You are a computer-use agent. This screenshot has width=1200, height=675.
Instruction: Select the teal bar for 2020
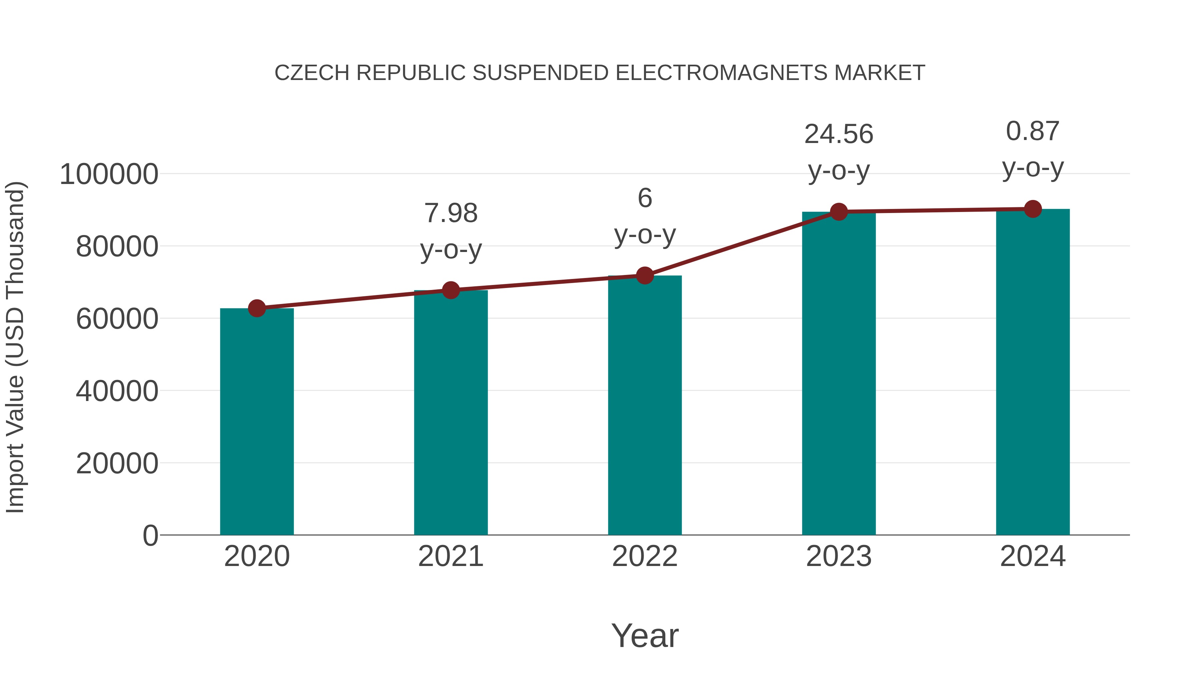257,422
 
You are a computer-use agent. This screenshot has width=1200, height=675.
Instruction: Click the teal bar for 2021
450,413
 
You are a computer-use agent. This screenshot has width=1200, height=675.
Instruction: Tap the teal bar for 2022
645,405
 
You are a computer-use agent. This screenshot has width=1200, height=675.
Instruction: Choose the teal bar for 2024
1033,372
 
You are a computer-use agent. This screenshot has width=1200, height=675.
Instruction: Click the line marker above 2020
257,308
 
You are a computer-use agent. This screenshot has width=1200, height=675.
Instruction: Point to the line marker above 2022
645,276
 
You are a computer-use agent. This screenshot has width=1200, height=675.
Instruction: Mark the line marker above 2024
1033,209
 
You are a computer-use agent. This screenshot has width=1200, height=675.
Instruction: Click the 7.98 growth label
450,213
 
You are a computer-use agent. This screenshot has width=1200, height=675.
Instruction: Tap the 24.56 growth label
839,135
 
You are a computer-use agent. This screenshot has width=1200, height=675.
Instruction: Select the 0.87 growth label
1033,131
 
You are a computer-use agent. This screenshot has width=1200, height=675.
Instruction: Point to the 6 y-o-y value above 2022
645,198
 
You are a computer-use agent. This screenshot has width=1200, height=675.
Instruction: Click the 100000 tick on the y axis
109,175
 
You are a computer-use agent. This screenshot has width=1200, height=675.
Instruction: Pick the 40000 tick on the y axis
117,391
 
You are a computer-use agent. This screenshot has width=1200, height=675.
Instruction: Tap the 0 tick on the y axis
150,536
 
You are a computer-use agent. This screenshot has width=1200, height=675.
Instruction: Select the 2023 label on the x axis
839,556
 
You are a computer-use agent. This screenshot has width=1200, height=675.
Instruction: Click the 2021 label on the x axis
450,556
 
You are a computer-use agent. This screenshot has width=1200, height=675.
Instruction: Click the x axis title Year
645,635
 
